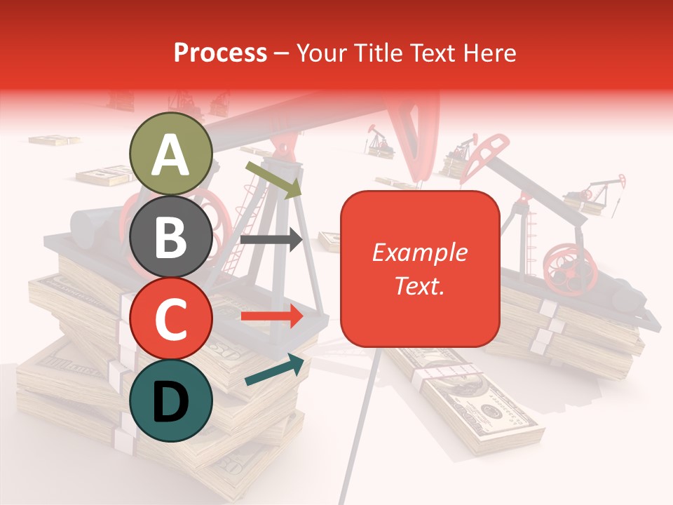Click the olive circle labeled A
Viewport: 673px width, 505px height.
(x=171, y=154)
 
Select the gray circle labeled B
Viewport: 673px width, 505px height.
(x=171, y=237)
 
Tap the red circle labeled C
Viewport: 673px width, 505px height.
(x=171, y=319)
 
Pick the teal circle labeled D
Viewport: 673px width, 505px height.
(x=171, y=400)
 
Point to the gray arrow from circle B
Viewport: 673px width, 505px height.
(x=271, y=240)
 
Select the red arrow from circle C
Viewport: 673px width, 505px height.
(x=271, y=316)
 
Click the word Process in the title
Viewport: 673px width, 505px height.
(x=220, y=53)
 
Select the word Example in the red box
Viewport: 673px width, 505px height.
(x=419, y=252)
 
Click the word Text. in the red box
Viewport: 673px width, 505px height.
(x=419, y=285)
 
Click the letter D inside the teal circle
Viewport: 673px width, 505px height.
(x=171, y=402)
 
